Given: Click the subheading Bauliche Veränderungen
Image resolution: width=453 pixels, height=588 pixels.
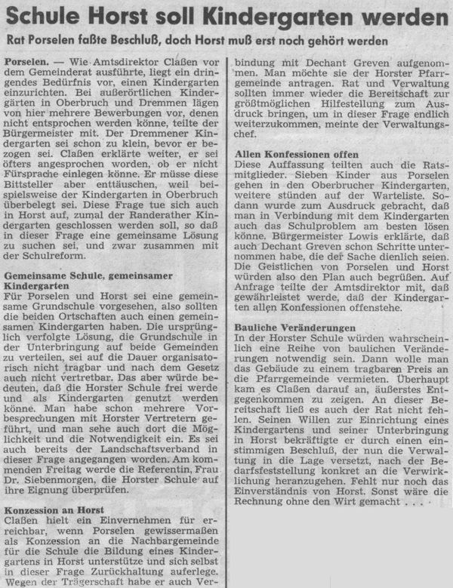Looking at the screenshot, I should pyautogui.click(x=294, y=328).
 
